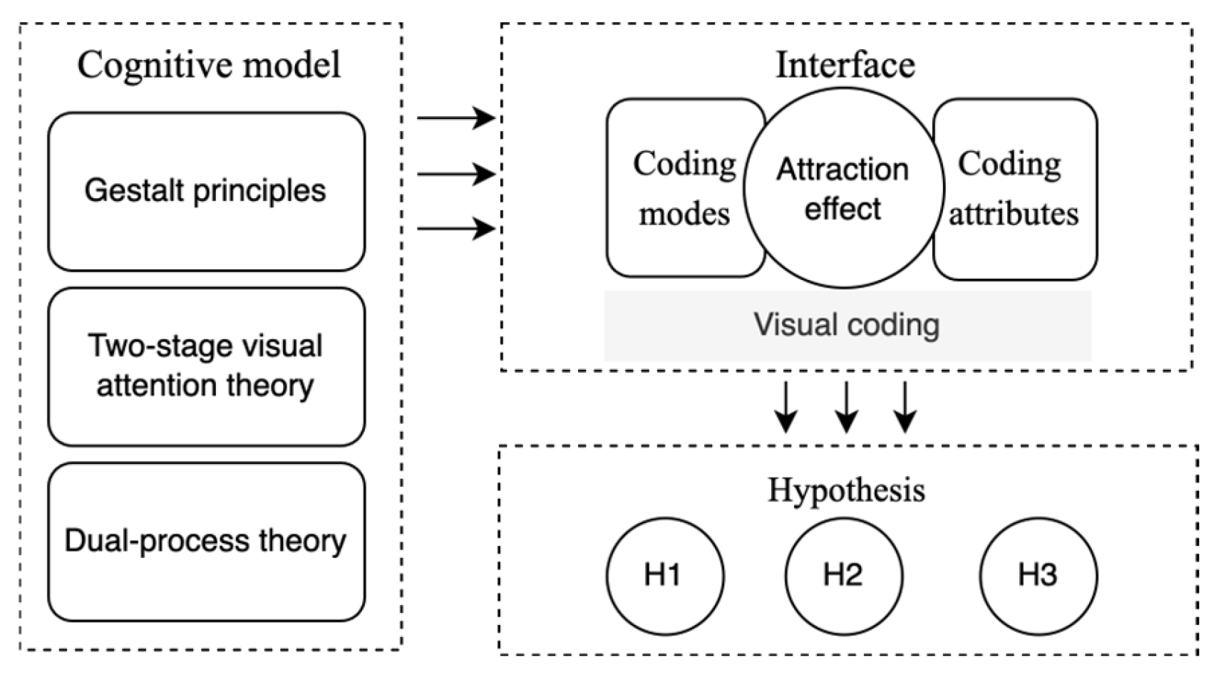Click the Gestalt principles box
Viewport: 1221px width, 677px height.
coord(207,191)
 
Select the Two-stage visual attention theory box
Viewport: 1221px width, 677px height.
coord(207,367)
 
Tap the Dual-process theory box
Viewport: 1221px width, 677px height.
coord(207,542)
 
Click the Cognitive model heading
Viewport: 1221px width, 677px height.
coord(210,65)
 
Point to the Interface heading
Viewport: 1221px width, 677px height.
coord(845,65)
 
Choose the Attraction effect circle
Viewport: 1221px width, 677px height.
coord(844,187)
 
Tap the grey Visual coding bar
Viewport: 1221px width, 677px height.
coord(848,326)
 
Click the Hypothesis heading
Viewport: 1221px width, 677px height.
coord(847,490)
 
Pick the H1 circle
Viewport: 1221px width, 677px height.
coord(665,576)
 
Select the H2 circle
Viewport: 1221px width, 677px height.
coord(844,576)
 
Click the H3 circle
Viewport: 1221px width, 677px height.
coord(1039,576)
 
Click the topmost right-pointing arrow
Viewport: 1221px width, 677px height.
coord(456,118)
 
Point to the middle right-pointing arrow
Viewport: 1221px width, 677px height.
coord(456,175)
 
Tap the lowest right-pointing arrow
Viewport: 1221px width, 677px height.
coord(456,228)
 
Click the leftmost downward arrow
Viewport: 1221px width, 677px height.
coord(786,407)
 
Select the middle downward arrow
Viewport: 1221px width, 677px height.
coord(846,407)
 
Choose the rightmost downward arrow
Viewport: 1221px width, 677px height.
coord(905,407)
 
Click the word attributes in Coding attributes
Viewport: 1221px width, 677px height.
coord(1014,214)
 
